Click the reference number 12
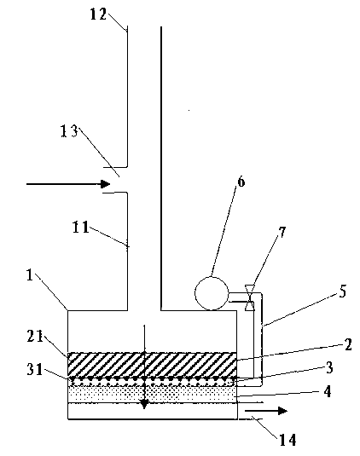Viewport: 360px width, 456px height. pos(98,14)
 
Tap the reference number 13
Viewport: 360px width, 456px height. pos(69,131)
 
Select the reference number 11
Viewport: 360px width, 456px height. pos(80,227)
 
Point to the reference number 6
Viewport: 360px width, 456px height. pos(241,182)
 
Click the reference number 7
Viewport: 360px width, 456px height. pos(282,233)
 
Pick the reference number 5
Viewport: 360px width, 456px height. pos(343,291)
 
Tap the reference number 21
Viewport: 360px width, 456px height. pos(35,337)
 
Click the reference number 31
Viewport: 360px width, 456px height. pos(35,370)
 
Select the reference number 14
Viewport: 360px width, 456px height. pos(287,440)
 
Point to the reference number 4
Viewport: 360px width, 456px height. pos(328,392)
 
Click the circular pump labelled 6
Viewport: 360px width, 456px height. pos(212,293)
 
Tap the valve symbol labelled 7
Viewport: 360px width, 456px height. pos(250,297)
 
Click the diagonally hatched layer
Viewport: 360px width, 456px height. pos(152,364)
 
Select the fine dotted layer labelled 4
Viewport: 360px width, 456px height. pos(152,395)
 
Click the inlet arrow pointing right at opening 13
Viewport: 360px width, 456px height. pos(68,184)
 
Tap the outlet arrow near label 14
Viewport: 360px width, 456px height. pos(266,411)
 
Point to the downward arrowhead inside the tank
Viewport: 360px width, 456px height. pos(144,404)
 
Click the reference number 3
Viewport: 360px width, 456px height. pos(329,368)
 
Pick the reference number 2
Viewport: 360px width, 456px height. pos(348,344)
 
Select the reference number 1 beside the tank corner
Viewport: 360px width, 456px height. pos(30,274)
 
